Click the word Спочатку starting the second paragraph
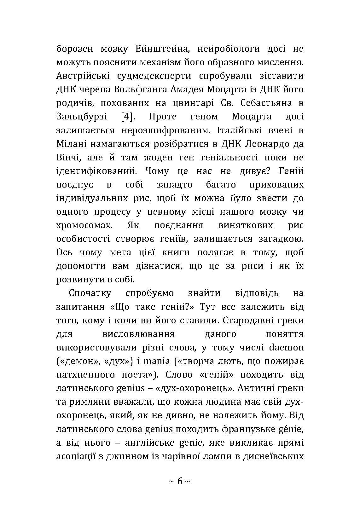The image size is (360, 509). pyautogui.click(x=90, y=293)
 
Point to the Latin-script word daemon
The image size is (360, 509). pyautogui.click(x=286, y=347)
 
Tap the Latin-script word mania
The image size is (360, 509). pyautogui.click(x=157, y=361)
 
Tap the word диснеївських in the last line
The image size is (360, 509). pyautogui.click(x=273, y=456)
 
